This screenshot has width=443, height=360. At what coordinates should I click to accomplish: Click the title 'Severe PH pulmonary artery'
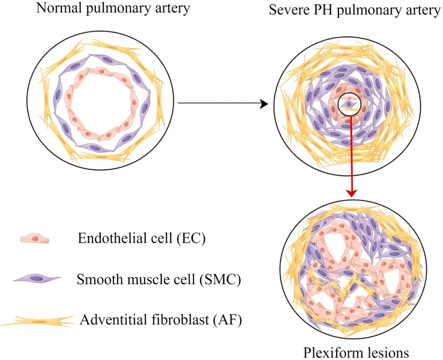click(x=354, y=11)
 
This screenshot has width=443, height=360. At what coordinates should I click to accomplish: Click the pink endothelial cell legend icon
click(x=35, y=239)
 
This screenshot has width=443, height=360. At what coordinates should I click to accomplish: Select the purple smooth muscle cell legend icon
click(x=36, y=277)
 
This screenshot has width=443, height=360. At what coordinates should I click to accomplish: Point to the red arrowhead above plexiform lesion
click(x=351, y=192)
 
